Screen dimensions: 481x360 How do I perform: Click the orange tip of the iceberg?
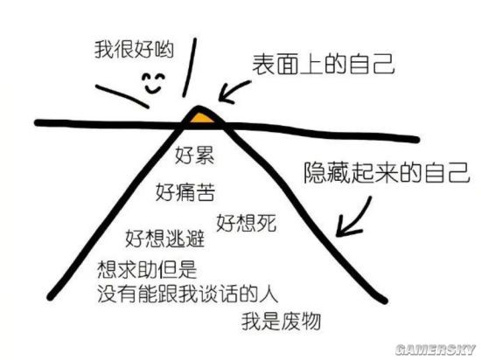pos(201,118)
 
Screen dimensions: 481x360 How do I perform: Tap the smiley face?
pos(153,83)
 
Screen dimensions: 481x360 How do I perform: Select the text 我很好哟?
pos(134,49)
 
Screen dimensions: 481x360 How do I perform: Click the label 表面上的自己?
pos(324,64)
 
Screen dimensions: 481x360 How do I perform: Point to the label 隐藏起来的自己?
pos(387,172)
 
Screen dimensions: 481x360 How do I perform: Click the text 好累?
pos(194,155)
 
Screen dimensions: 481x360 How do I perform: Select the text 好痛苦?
pos(185,192)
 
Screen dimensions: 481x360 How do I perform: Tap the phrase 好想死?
pos(247,223)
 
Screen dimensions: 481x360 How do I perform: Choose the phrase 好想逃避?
pos(164,238)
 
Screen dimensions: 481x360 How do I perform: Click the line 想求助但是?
pos(147,270)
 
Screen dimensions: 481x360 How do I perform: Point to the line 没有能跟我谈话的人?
pos(188,294)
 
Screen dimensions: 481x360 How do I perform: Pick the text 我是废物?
pos(281,321)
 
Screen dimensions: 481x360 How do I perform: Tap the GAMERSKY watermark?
pos(436,350)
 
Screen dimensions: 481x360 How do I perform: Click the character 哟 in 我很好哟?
pos(164,49)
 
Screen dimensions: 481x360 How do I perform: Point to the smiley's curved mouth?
pos(153,89)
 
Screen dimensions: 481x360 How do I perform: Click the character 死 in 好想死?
pos(267,223)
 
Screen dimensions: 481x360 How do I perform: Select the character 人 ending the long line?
pos(269,294)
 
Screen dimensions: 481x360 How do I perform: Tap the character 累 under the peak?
pos(205,155)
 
